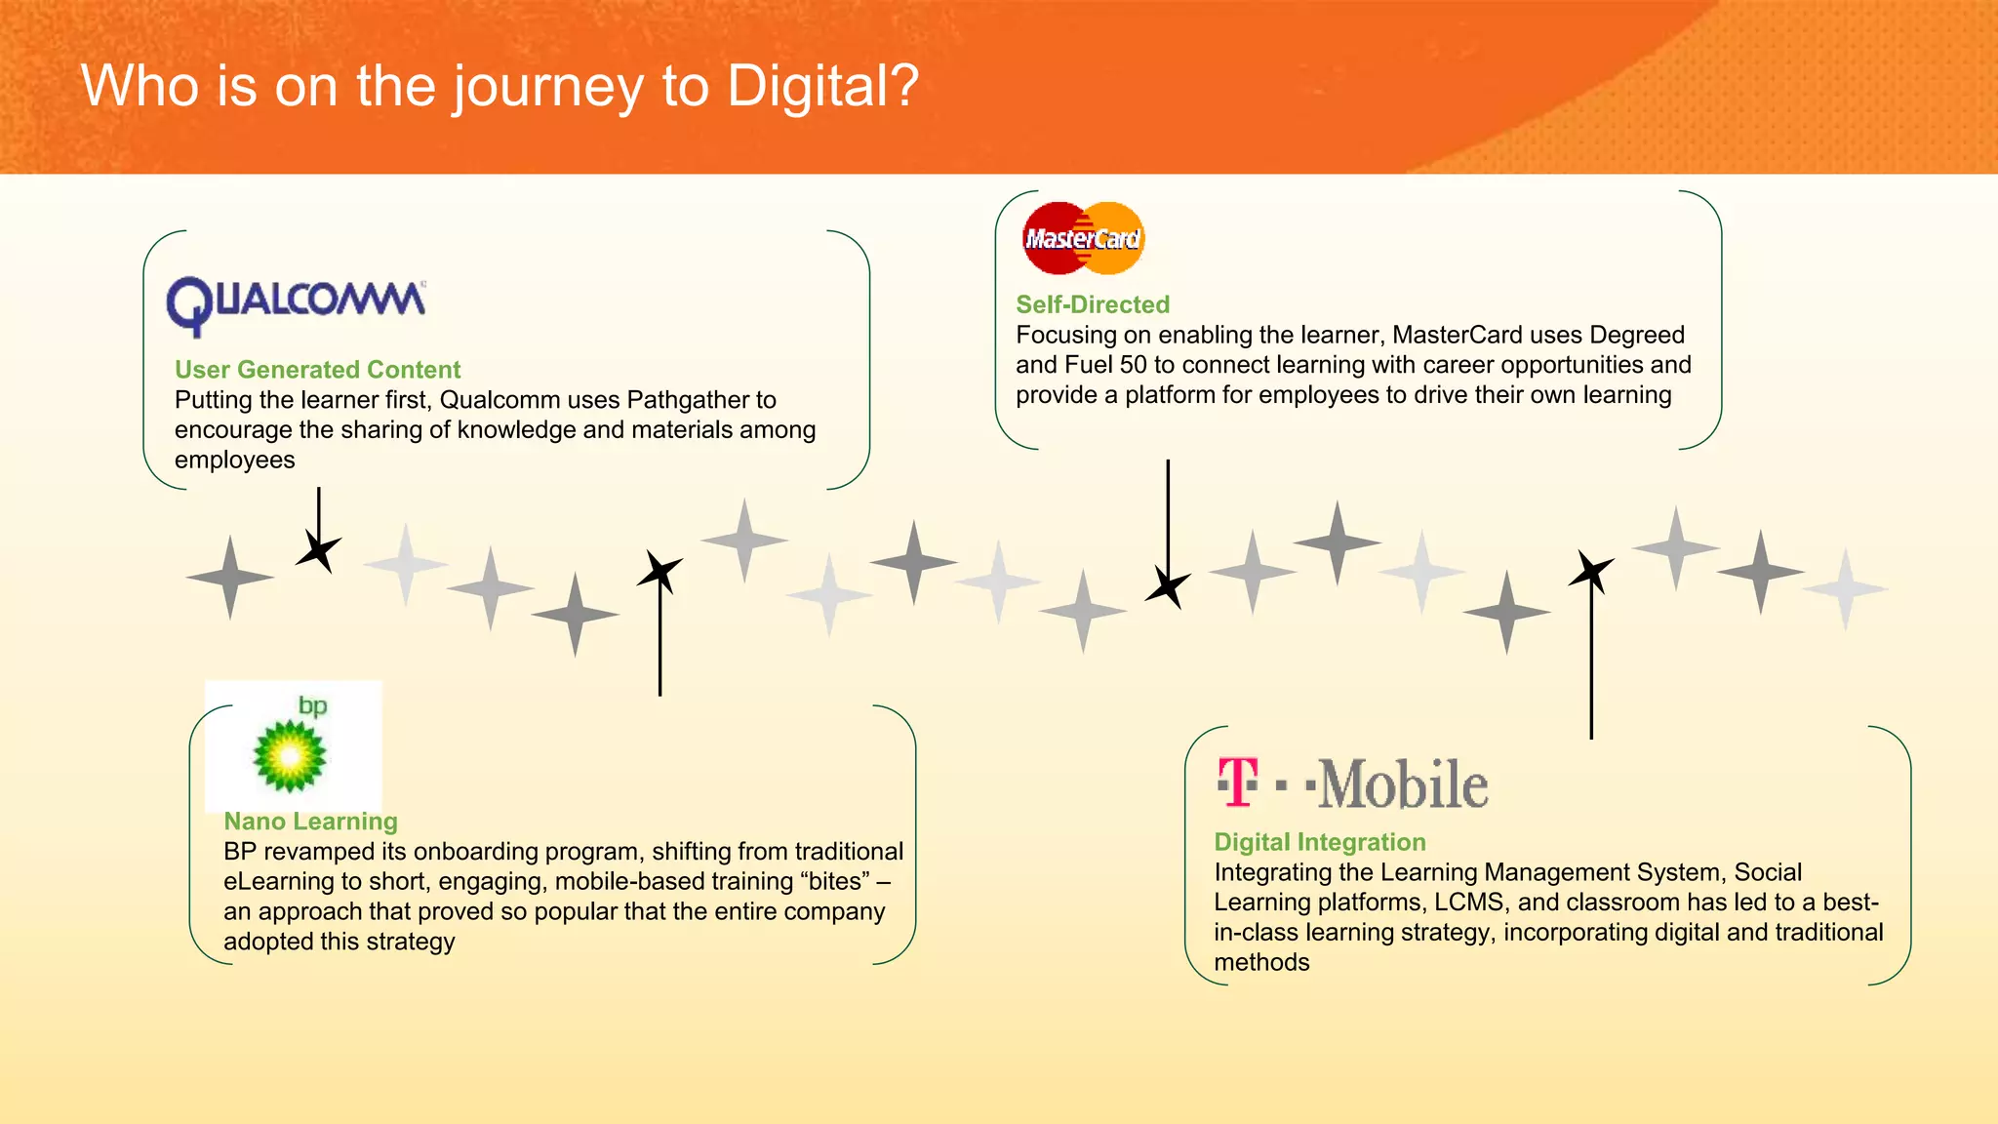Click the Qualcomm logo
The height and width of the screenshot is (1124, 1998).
[x=296, y=303]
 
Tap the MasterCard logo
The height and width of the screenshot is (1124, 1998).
[x=1083, y=238]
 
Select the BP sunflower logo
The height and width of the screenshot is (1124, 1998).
[x=290, y=755]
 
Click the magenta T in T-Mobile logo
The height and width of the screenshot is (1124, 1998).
[x=1238, y=783]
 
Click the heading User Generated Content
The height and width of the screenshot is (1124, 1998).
[x=317, y=370]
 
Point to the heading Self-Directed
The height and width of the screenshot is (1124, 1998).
[x=1092, y=304]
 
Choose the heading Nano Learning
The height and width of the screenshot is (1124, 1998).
[x=310, y=822]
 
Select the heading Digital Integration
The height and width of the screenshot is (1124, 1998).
[x=1319, y=842]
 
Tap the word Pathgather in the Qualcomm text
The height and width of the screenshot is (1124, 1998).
[x=689, y=400]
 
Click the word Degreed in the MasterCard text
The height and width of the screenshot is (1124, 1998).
[x=1636, y=335]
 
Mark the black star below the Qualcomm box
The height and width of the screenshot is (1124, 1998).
[x=318, y=551]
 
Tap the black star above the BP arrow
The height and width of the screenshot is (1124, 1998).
[x=659, y=571]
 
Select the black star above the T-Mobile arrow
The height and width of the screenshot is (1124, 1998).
[x=1590, y=571]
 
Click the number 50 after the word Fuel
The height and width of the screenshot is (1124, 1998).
[x=1132, y=365]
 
